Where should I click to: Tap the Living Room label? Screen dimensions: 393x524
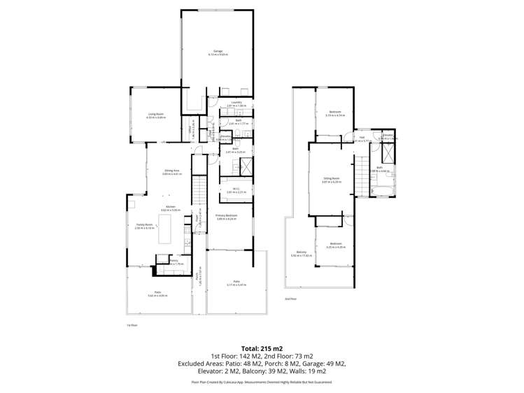coord(155,114)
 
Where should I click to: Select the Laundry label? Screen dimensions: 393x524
coord(236,102)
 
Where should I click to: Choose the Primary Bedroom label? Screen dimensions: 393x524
coord(227,215)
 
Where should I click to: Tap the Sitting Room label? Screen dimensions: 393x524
coord(330,178)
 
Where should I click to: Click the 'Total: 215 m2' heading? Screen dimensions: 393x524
coord(262,348)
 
